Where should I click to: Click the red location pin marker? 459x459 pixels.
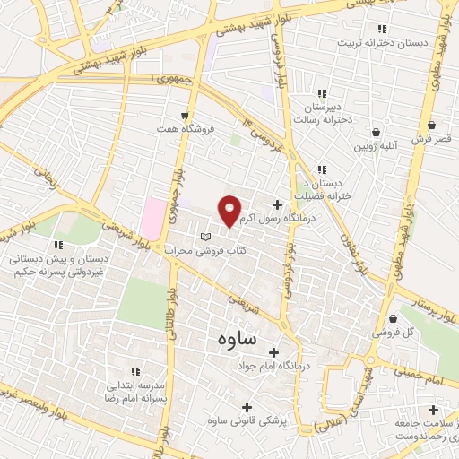click(x=229, y=211)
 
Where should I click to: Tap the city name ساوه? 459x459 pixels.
click(x=236, y=341)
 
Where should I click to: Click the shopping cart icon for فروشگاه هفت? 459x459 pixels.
click(x=185, y=116)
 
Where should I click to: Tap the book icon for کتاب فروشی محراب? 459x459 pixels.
click(x=207, y=235)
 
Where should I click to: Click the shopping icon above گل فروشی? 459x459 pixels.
click(x=394, y=318)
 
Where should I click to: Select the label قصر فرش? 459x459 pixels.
click(x=434, y=140)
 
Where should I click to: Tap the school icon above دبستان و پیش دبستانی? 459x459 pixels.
click(x=58, y=244)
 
